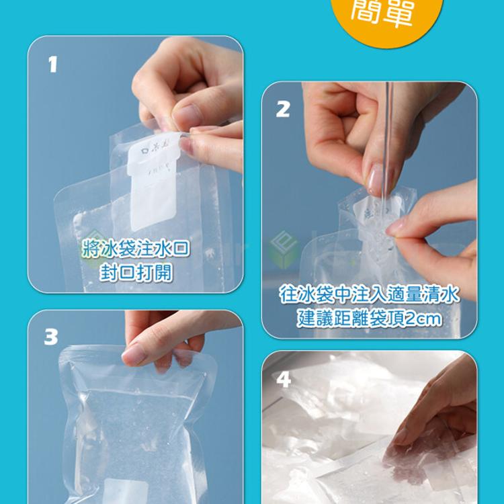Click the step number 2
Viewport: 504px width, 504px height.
click(283, 109)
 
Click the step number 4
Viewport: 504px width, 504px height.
click(284, 380)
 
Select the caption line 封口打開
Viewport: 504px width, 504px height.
click(136, 273)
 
